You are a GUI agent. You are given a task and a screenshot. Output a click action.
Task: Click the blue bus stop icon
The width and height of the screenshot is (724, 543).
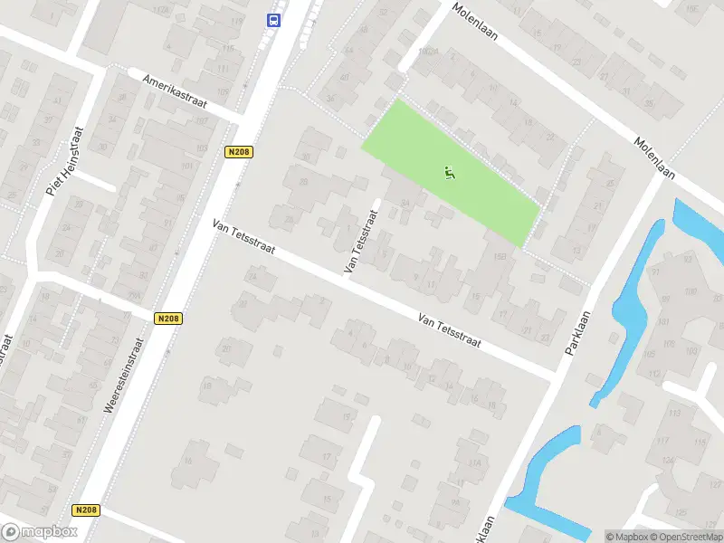(x=271, y=19)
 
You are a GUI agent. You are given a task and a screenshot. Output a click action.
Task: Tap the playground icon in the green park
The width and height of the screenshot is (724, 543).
(x=450, y=171)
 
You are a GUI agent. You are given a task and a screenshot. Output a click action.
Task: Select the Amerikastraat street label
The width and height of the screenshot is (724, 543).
(x=176, y=91)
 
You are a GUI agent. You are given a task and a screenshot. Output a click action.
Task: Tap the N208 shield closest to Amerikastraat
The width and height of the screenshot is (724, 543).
(x=238, y=151)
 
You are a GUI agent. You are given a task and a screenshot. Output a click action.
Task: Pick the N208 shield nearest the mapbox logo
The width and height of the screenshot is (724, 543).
(x=87, y=510)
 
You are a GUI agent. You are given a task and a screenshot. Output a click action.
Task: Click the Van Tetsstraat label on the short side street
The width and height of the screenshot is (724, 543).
(x=360, y=242)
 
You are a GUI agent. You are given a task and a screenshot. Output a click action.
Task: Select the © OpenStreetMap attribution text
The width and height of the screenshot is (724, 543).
(x=687, y=537)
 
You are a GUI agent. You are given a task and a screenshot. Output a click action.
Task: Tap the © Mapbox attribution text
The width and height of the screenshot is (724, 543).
(x=627, y=537)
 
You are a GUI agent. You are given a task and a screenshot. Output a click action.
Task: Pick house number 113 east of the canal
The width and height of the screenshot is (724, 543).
(x=674, y=413)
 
